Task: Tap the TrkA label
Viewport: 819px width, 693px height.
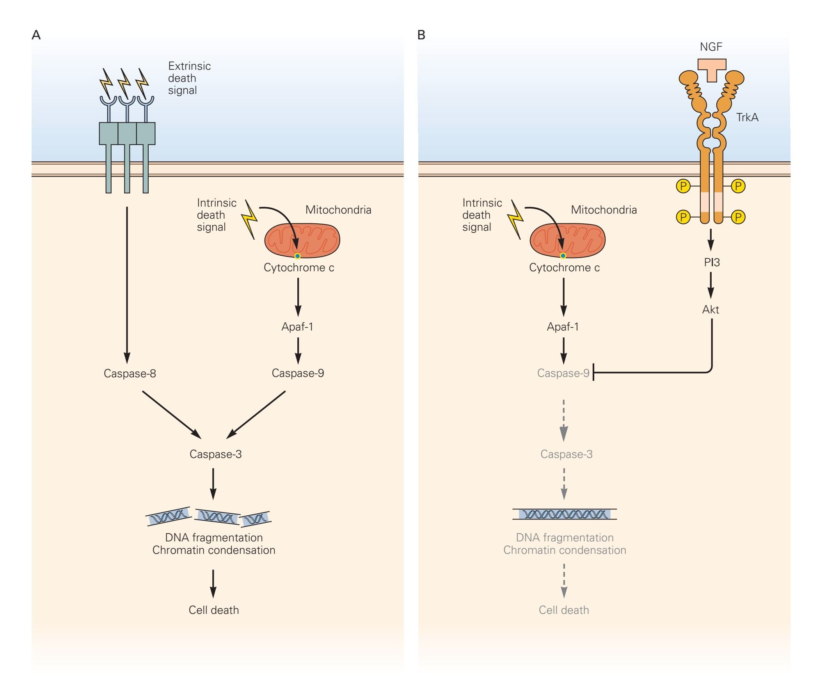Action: tap(747, 117)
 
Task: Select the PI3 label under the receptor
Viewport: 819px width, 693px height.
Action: tap(712, 262)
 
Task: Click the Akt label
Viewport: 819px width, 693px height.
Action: tap(711, 309)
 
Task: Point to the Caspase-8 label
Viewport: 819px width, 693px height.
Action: tap(130, 373)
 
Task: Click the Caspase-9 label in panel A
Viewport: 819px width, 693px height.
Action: tap(298, 373)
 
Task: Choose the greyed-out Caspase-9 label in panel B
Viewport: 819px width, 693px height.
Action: tap(563, 373)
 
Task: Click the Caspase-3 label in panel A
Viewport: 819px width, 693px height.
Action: tap(215, 454)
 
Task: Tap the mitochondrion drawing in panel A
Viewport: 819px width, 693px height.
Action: tap(302, 240)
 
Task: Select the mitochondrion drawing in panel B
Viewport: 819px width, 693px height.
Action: tap(567, 240)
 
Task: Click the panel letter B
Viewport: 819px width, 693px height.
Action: tap(421, 35)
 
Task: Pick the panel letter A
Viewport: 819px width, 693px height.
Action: tap(36, 35)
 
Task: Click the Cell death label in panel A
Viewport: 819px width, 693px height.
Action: tap(213, 610)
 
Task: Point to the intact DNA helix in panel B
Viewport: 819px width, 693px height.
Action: tap(564, 514)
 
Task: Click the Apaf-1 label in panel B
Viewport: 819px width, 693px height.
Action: tap(563, 327)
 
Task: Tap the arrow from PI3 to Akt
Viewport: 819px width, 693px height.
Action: tap(711, 286)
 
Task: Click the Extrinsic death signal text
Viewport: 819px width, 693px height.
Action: tap(189, 78)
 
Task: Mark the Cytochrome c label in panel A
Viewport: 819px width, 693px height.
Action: tap(299, 267)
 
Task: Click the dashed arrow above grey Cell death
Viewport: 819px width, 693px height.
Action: tap(564, 581)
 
